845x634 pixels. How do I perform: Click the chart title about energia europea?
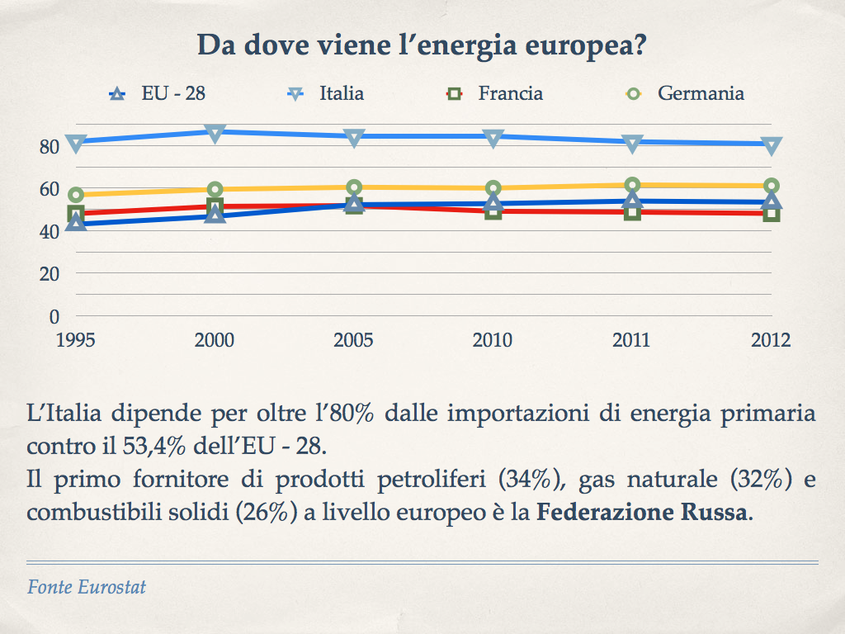click(x=422, y=45)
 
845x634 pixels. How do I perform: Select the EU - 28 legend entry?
click(x=157, y=93)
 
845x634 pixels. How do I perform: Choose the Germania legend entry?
click(x=685, y=93)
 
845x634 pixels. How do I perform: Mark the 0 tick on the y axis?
click(x=54, y=316)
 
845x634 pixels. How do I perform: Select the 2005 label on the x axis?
click(x=353, y=340)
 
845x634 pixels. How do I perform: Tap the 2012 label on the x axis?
click(x=771, y=340)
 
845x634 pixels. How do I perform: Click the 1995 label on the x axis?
click(x=75, y=340)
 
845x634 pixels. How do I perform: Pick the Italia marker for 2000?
click(x=215, y=133)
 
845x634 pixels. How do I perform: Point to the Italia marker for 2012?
click(x=772, y=145)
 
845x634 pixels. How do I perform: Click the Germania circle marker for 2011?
click(x=632, y=186)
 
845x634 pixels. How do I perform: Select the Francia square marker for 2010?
click(x=493, y=211)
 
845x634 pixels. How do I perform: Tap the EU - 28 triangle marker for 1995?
click(x=75, y=222)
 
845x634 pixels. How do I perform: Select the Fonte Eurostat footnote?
click(x=87, y=588)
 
